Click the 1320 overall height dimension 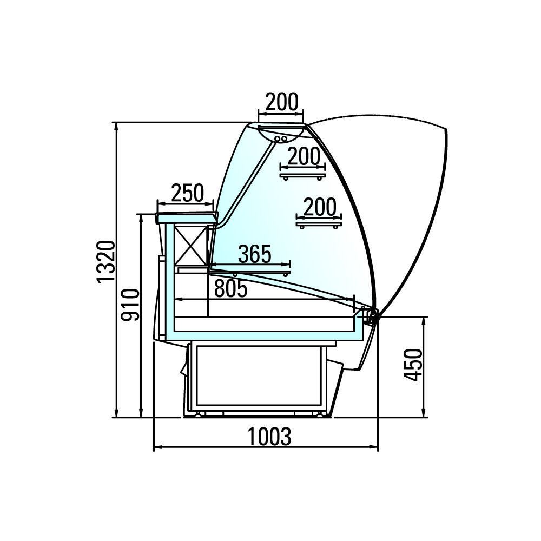point(105,261)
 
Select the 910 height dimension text point(131,305)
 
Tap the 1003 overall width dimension point(269,437)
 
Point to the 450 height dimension point(413,365)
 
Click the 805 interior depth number point(231,288)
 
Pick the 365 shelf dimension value point(255,254)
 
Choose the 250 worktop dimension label point(187,193)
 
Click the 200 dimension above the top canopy point(282,102)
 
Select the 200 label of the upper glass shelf point(304,156)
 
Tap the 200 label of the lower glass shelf point(320,207)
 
